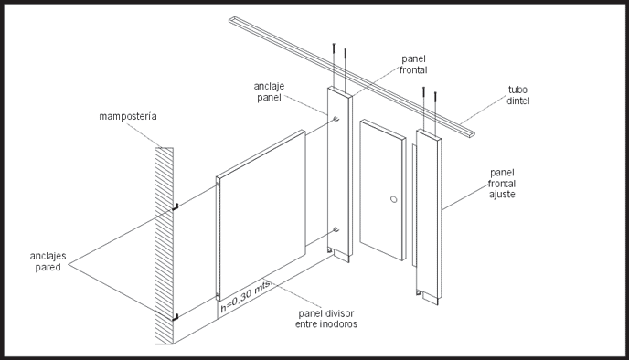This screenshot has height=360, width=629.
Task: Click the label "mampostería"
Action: coord(128,116)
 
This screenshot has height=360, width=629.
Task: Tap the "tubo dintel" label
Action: coord(517,95)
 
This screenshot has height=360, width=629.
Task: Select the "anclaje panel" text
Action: coord(269,91)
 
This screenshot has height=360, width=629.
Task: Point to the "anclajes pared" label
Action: coord(48,261)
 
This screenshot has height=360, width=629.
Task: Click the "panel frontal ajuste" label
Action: coord(502,184)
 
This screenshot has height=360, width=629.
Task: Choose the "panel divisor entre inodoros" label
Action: coord(326,318)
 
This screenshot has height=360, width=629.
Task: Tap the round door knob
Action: coord(394,199)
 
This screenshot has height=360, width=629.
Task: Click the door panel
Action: coord(383,190)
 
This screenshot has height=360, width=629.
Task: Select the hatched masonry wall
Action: coord(165,246)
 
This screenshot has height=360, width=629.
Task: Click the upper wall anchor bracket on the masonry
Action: coord(176,206)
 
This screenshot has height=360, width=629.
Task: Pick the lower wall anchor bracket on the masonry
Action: coord(176,317)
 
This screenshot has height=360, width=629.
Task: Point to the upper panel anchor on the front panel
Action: coord(336,119)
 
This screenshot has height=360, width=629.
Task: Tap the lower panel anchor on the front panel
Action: coord(336,229)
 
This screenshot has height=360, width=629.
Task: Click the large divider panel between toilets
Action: coord(261,216)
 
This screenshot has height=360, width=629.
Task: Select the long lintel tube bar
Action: coord(352,77)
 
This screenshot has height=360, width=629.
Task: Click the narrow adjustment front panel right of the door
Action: coord(429,217)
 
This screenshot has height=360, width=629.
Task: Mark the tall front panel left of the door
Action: coord(340,175)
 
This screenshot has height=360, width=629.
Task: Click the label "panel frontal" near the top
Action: coord(413,64)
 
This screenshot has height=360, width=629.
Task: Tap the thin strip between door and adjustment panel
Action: coord(414,206)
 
